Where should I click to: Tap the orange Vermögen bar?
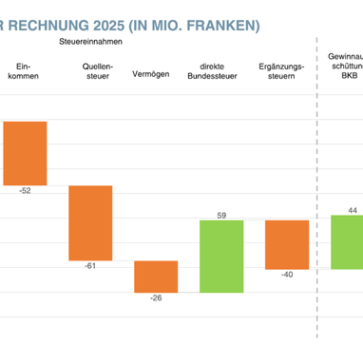(x=156, y=276)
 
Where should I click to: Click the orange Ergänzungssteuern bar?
(x=286, y=244)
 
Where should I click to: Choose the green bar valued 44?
(x=348, y=241)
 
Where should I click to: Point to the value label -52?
(x=25, y=191)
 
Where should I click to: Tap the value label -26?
(x=156, y=299)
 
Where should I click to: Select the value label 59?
(x=221, y=215)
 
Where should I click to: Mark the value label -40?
(x=286, y=276)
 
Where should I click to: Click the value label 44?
(x=352, y=209)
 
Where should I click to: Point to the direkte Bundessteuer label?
(x=221, y=70)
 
